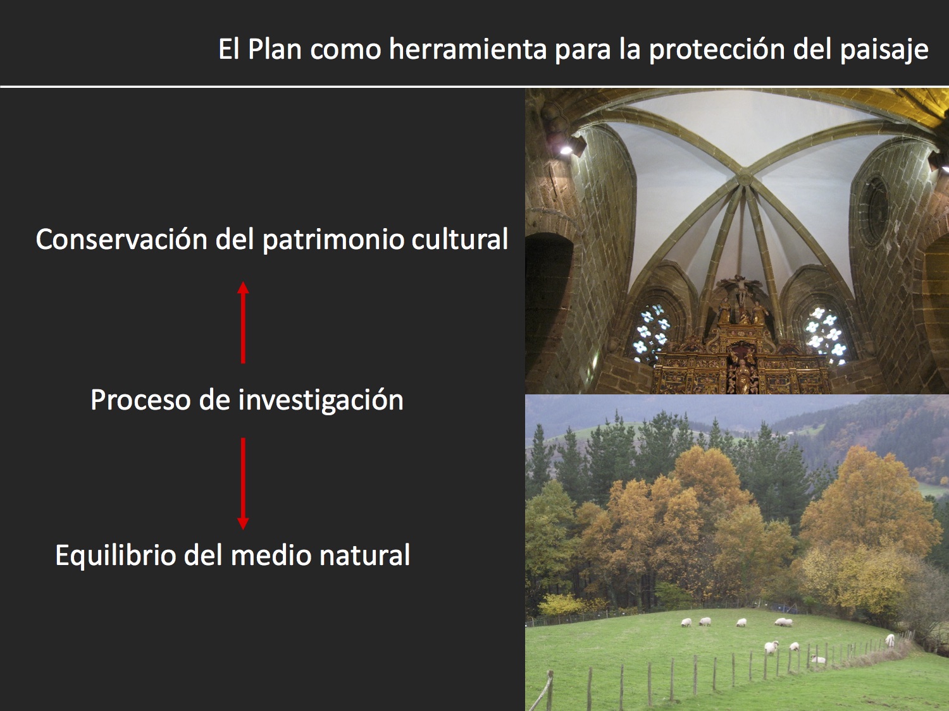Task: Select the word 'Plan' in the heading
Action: tap(275, 49)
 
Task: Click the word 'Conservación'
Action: tap(121, 239)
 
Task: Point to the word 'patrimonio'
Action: tap(333, 240)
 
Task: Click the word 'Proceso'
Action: tap(140, 400)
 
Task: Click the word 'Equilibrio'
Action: tap(115, 556)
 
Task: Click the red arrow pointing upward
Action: tap(243, 322)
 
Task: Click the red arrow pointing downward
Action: tap(243, 483)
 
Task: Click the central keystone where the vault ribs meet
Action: tap(745, 178)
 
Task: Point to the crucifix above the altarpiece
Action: tap(741, 289)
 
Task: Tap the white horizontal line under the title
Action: tap(475, 87)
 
